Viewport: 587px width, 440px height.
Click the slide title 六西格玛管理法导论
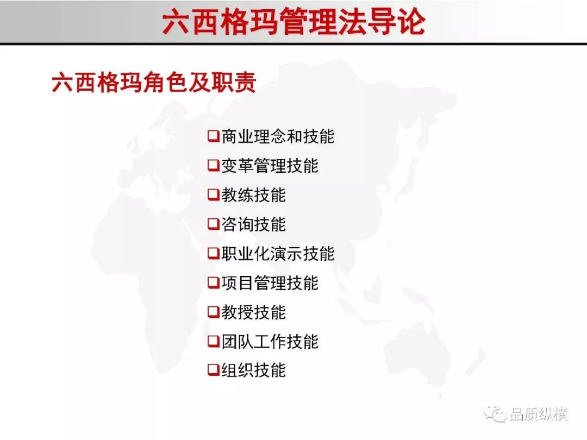pos(294,22)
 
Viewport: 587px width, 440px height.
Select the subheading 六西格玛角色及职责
pos(154,82)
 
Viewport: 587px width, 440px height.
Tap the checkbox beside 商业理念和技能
pos(214,136)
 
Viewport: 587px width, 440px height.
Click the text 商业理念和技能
pos(278,136)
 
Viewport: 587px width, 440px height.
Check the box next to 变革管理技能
pos(214,165)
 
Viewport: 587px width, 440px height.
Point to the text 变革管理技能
pos(270,165)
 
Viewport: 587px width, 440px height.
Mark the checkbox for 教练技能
pos(214,194)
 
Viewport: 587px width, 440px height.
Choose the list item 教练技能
pos(253,194)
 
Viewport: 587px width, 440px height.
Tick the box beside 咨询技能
pos(214,224)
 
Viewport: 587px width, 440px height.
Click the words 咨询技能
pos(253,224)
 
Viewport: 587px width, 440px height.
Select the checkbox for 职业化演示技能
pos(214,253)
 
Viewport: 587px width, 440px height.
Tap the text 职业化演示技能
pos(278,253)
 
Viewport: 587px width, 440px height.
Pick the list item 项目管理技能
pos(270,282)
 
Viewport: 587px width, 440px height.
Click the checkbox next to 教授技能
pos(214,311)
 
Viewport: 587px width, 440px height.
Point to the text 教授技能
pos(253,312)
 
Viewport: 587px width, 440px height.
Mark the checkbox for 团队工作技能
pos(214,341)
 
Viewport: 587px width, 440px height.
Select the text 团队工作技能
pos(270,341)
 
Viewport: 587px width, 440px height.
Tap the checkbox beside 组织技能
pos(214,370)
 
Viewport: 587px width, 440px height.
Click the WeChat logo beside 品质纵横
pos(495,413)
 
